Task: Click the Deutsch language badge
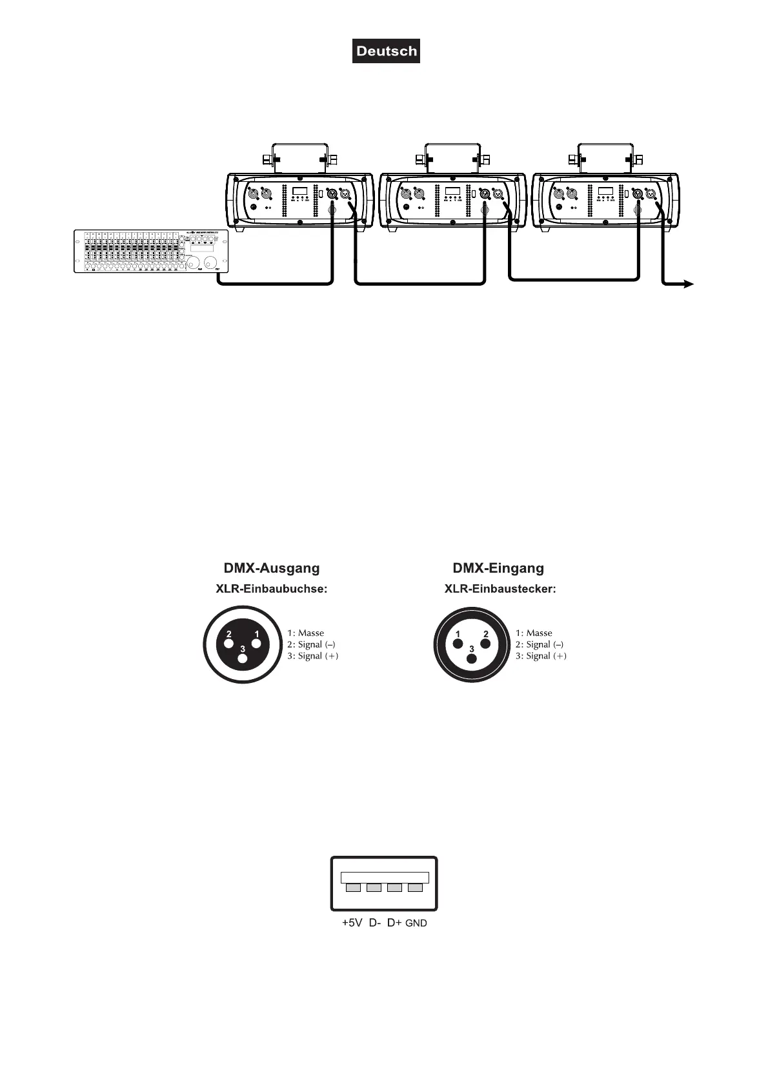coord(386,51)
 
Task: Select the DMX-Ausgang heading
coord(271,568)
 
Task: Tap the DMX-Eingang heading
coord(498,568)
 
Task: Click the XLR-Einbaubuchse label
coord(271,589)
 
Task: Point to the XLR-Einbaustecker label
coord(500,589)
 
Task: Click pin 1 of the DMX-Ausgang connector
coord(257,643)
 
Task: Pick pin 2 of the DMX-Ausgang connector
coord(228,643)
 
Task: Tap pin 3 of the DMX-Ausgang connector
coord(242,658)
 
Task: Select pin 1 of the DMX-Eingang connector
coord(458,643)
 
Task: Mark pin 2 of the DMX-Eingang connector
coord(486,643)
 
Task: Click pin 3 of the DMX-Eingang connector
coord(472,658)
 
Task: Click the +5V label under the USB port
coord(352,923)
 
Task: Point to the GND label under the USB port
coord(416,923)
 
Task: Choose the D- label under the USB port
coord(375,923)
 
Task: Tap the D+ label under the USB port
coord(394,923)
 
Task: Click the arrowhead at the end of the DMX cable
coord(689,284)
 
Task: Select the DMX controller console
coord(152,251)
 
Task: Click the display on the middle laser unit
coord(452,191)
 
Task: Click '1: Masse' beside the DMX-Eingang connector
coord(534,633)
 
